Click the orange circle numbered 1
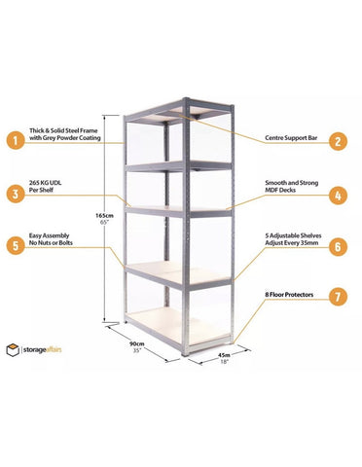point(15,139)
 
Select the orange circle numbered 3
point(15,194)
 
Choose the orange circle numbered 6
point(338,247)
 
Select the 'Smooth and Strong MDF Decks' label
point(289,194)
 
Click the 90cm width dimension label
point(142,343)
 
